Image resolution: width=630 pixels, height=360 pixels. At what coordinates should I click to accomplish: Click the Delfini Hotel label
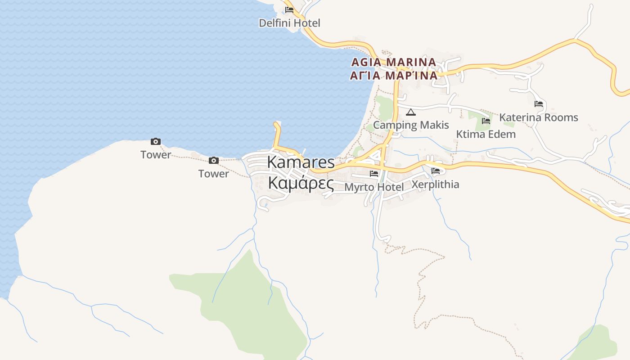pos(289,23)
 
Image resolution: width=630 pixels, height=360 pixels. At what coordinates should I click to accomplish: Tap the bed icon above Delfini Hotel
pos(289,9)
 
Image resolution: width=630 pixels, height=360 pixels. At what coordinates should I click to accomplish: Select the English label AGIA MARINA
pos(393,62)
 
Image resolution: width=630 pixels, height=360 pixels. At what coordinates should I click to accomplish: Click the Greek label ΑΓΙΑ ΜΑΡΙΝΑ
pos(393,75)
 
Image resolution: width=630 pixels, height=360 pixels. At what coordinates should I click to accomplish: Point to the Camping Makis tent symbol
pos(410,112)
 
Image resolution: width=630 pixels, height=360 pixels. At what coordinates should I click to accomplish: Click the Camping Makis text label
pos(411,125)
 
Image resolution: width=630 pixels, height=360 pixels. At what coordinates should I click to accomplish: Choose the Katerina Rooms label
pos(538,117)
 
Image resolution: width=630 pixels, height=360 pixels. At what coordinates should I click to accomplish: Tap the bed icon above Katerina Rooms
pos(538,104)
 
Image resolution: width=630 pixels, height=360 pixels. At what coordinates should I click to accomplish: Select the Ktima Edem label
pos(486,134)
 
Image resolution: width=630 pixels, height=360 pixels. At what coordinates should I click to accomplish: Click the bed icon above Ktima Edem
pos(486,121)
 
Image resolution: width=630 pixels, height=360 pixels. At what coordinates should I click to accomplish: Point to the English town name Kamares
pos(301,162)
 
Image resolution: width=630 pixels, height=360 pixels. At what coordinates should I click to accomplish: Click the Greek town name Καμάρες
pos(301,184)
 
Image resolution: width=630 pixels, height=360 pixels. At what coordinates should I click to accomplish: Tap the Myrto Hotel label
pos(373,187)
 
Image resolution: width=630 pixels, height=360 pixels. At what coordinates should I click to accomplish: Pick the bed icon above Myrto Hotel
pos(373,173)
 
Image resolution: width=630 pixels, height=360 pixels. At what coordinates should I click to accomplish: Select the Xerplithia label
pos(435,184)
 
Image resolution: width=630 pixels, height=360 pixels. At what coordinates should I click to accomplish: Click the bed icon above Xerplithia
pos(435,171)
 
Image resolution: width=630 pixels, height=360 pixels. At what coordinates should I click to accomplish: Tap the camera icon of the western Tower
pos(155,141)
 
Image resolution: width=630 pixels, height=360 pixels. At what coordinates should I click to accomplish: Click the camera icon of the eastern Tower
pos(213,160)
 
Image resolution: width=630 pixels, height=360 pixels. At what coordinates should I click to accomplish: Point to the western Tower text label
pos(155,155)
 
